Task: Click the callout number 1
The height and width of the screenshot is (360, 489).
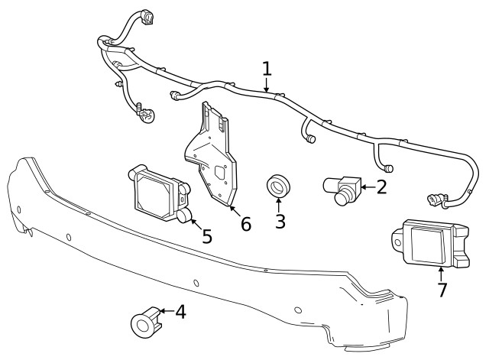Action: (267, 69)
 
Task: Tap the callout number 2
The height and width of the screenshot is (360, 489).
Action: (381, 185)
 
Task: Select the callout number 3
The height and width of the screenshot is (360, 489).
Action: (280, 222)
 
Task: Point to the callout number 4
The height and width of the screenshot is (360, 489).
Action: (180, 312)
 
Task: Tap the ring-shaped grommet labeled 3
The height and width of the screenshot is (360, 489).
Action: (278, 186)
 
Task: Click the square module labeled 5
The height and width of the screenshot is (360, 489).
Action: (159, 191)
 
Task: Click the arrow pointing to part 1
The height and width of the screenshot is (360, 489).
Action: (267, 86)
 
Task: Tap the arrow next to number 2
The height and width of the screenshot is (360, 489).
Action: (367, 185)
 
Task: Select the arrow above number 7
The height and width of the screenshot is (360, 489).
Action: (442, 273)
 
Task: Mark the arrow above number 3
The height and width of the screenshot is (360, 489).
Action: (279, 206)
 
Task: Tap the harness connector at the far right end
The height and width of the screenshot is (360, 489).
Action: (436, 201)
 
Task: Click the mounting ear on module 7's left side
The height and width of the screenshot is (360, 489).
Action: (397, 240)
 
